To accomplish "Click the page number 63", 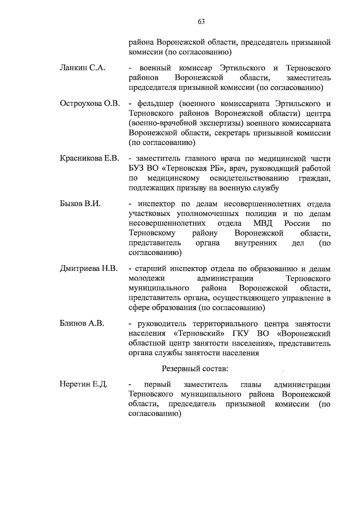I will (x=201, y=22).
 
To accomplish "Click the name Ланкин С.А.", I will (x=82, y=68).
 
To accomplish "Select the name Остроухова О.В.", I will (x=90, y=104).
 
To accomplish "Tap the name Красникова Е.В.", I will (x=90, y=158).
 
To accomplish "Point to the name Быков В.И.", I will (x=80, y=204).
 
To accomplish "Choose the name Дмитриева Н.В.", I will (x=89, y=269).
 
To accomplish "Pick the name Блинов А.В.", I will (x=82, y=324).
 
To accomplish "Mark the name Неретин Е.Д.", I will (x=84, y=384).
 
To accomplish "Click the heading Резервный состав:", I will (x=195, y=369).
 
